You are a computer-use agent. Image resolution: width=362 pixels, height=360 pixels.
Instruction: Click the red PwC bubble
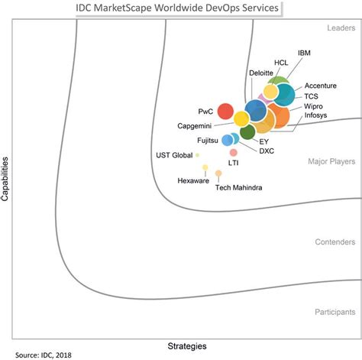click(x=225, y=112)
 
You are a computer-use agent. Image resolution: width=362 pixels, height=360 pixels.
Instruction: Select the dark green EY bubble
click(x=247, y=132)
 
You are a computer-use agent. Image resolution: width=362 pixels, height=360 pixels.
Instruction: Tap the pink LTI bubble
click(x=233, y=152)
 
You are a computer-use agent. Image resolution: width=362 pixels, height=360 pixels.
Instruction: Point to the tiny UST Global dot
click(x=197, y=155)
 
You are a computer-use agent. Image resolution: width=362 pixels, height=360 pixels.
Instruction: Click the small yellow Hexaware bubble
click(x=205, y=167)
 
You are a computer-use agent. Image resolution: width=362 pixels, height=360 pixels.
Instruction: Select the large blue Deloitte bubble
click(x=255, y=110)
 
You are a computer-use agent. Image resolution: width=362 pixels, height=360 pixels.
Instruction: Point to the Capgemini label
click(x=196, y=125)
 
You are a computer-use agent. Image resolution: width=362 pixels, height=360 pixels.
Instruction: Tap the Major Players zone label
click(x=331, y=162)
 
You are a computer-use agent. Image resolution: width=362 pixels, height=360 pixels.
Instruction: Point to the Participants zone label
click(x=335, y=312)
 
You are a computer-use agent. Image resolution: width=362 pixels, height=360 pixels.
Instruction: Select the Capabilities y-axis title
click(x=6, y=179)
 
